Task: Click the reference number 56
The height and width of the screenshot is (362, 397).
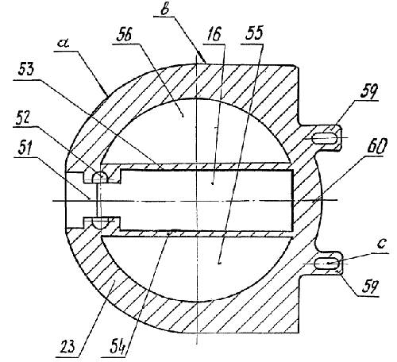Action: [124, 35]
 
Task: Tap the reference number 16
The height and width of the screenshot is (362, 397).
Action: [213, 34]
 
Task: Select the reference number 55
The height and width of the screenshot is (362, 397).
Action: [253, 33]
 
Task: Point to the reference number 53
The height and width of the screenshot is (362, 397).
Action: [26, 69]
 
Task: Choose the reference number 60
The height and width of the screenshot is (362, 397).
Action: [376, 146]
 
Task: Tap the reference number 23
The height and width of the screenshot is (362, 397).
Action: [67, 347]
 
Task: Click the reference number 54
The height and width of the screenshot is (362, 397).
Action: [118, 348]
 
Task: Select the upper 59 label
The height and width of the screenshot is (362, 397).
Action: [368, 91]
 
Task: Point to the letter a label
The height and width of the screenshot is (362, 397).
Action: [64, 42]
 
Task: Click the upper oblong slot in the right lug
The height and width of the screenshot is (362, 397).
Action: [325, 138]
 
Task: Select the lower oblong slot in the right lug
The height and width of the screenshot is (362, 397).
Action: [326, 264]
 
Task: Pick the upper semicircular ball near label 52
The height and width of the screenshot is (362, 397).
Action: [99, 176]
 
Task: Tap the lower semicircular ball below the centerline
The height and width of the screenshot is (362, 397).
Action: [99, 223]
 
